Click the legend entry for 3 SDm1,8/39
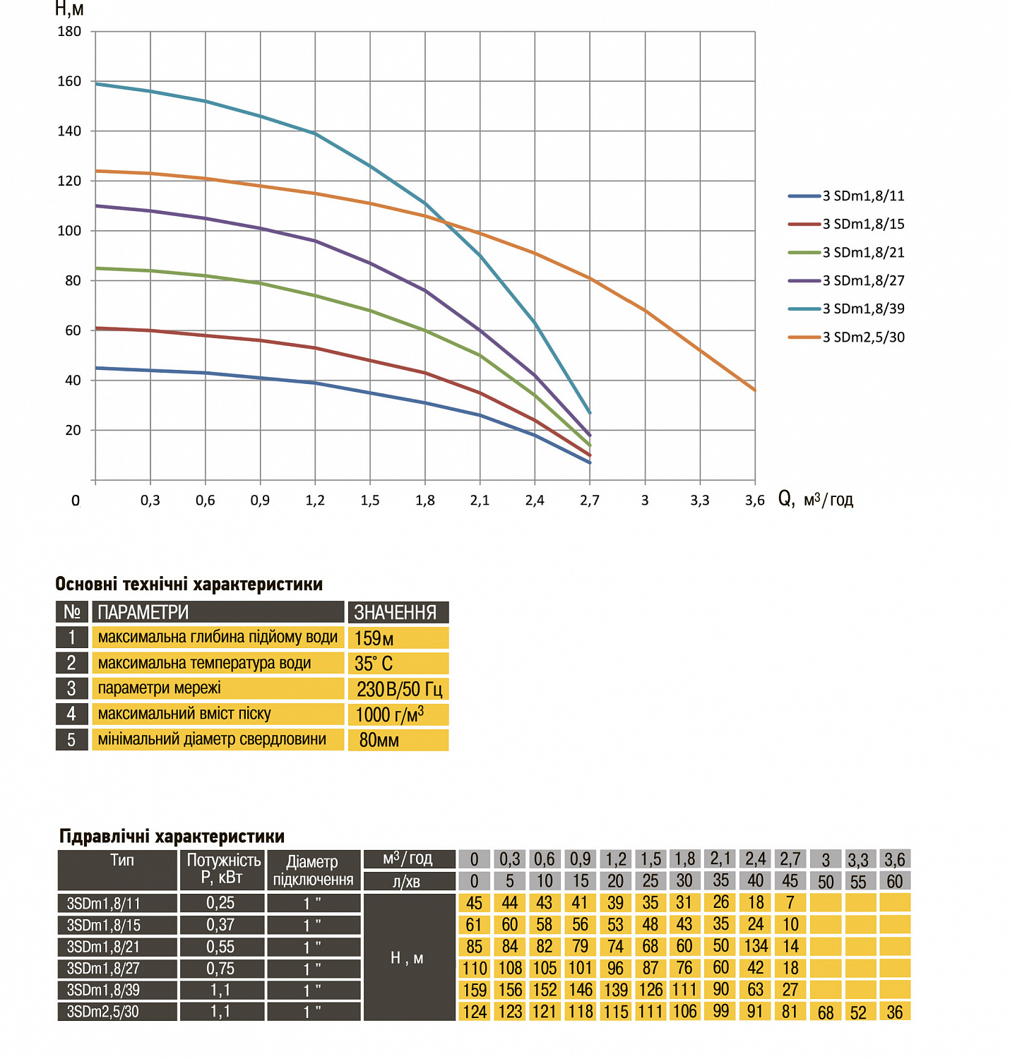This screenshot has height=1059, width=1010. pyautogui.click(x=862, y=309)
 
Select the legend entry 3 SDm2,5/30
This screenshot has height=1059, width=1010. pyautogui.click(x=862, y=337)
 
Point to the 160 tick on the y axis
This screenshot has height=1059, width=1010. pyautogui.click(x=69, y=81)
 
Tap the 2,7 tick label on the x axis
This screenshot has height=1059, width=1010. pyautogui.click(x=590, y=500)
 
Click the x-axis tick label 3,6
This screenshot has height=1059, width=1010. pyautogui.click(x=754, y=500)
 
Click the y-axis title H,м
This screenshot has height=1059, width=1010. pyautogui.click(x=69, y=9)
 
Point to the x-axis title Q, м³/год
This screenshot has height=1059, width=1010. pyautogui.click(x=816, y=499)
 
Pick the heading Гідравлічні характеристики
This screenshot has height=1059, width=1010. pyautogui.click(x=172, y=837)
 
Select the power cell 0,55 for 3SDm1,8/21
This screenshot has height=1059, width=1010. pyautogui.click(x=221, y=946)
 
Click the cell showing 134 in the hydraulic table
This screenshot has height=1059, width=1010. pyautogui.click(x=755, y=946)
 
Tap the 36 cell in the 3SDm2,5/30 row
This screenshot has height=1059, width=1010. pyautogui.click(x=894, y=1012)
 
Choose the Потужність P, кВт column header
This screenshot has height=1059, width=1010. pyautogui.click(x=222, y=869)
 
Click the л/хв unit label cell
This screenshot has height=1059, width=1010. pyautogui.click(x=408, y=881)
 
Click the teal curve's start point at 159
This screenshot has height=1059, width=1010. pyautogui.click(x=96, y=84)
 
